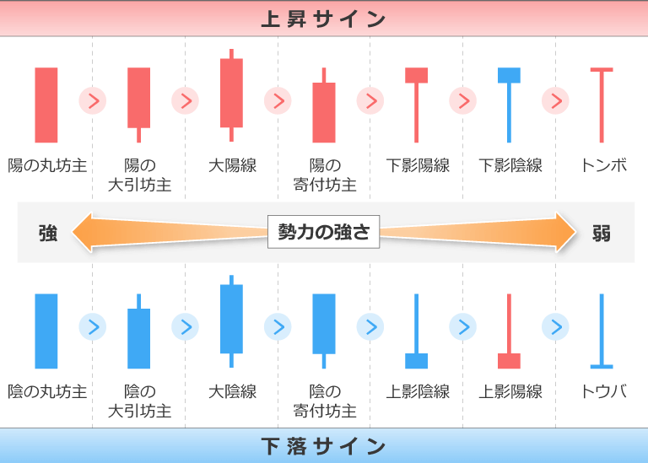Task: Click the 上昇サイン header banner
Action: click(323, 19)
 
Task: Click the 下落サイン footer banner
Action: click(323, 445)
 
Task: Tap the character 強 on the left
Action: click(48, 233)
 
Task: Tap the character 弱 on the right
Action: click(601, 233)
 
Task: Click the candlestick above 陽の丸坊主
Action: click(46, 105)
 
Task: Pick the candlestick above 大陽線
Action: click(231, 94)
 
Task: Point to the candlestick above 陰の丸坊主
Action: click(46, 331)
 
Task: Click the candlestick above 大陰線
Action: click(231, 320)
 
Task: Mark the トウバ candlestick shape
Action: click(602, 331)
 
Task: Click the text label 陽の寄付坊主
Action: click(324, 175)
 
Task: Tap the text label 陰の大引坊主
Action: click(139, 401)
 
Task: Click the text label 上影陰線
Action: click(417, 392)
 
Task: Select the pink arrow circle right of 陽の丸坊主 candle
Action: click(93, 101)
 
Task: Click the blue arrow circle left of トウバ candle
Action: click(556, 326)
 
